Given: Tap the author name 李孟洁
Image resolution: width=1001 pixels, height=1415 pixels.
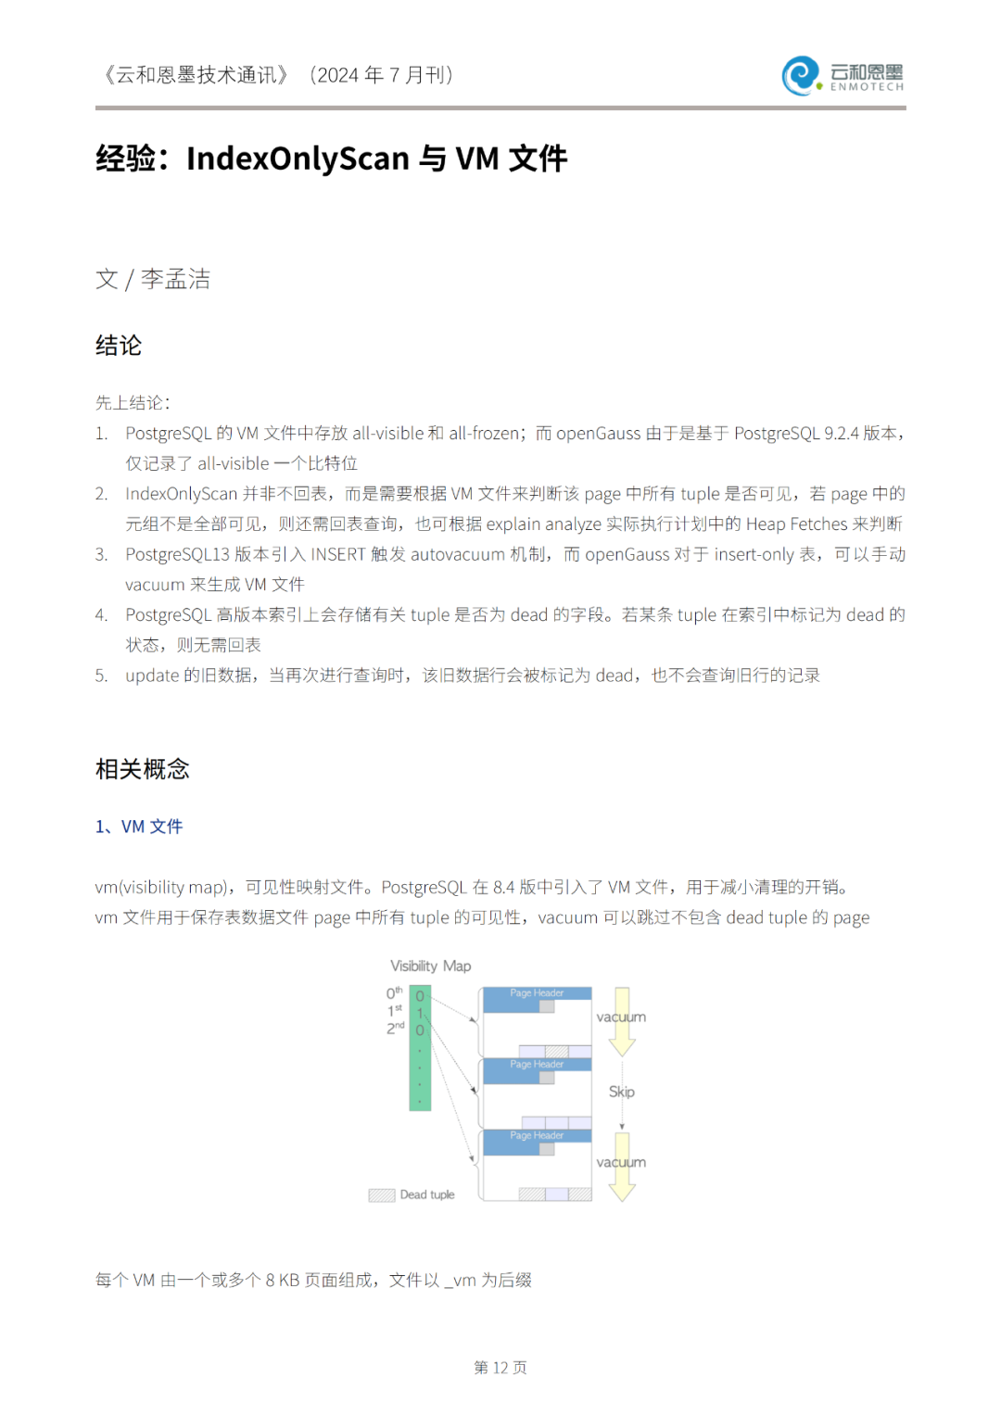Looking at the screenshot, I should coord(175,279).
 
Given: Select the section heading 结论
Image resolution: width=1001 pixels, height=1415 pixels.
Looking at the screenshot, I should coord(119,346).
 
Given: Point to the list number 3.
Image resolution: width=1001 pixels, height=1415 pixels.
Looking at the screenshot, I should coord(101,554).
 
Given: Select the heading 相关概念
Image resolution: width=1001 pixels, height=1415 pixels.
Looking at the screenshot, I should coord(142,769).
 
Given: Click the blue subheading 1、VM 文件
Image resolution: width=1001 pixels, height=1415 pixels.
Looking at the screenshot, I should coord(139,827).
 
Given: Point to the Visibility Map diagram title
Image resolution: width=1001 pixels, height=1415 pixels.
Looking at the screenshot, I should coord(430,966).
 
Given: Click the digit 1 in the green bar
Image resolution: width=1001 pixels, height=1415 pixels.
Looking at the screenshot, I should coord(420,1013).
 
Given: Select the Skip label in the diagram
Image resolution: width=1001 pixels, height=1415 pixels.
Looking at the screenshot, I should coord(621,1092).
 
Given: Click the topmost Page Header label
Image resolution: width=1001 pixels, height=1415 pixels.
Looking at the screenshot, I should coord(537,993).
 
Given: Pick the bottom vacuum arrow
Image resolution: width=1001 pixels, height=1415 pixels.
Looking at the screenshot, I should coord(622,1171).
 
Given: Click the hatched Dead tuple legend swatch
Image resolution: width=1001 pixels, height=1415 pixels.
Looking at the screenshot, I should coord(382,1195).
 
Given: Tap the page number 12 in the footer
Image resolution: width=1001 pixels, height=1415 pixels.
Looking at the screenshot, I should coord(500,1368).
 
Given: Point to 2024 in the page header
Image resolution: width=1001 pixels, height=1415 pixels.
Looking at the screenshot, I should coord(338,75).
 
